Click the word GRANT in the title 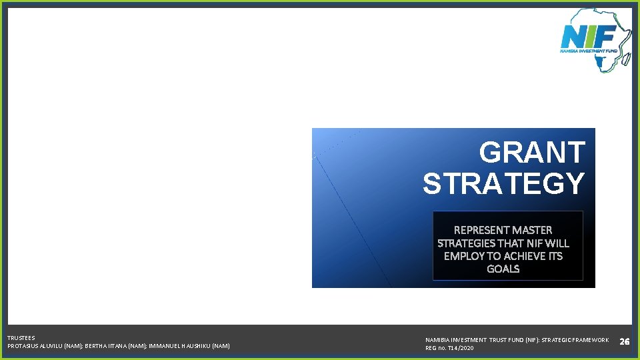(x=532, y=153)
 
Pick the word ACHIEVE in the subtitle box (x=524, y=256)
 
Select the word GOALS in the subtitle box (x=503, y=269)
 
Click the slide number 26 (x=624, y=341)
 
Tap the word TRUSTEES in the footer (x=21, y=338)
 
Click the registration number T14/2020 (x=461, y=348)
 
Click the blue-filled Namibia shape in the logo (x=599, y=62)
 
